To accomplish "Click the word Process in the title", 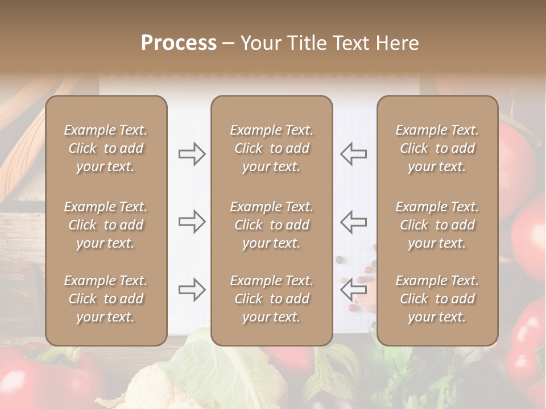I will coord(179,43).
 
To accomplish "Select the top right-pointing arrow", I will coord(192,154).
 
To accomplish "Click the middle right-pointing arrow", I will coord(192,221).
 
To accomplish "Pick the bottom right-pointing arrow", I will coord(192,290).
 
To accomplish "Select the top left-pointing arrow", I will coord(353,154).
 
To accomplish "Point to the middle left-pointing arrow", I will coord(353,221).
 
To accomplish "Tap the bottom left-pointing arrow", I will coord(353,290).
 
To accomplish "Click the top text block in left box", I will coord(106,148).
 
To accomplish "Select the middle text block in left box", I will coord(106,225).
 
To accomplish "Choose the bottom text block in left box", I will coord(106,299).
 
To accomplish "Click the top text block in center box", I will coord(271,148).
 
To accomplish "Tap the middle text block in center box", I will coord(271,225).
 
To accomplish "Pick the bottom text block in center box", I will coord(271,299).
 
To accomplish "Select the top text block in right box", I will coord(437,148).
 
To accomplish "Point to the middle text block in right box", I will coord(437,225).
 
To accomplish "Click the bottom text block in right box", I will coord(437,299).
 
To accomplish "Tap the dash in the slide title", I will coord(228,44).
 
